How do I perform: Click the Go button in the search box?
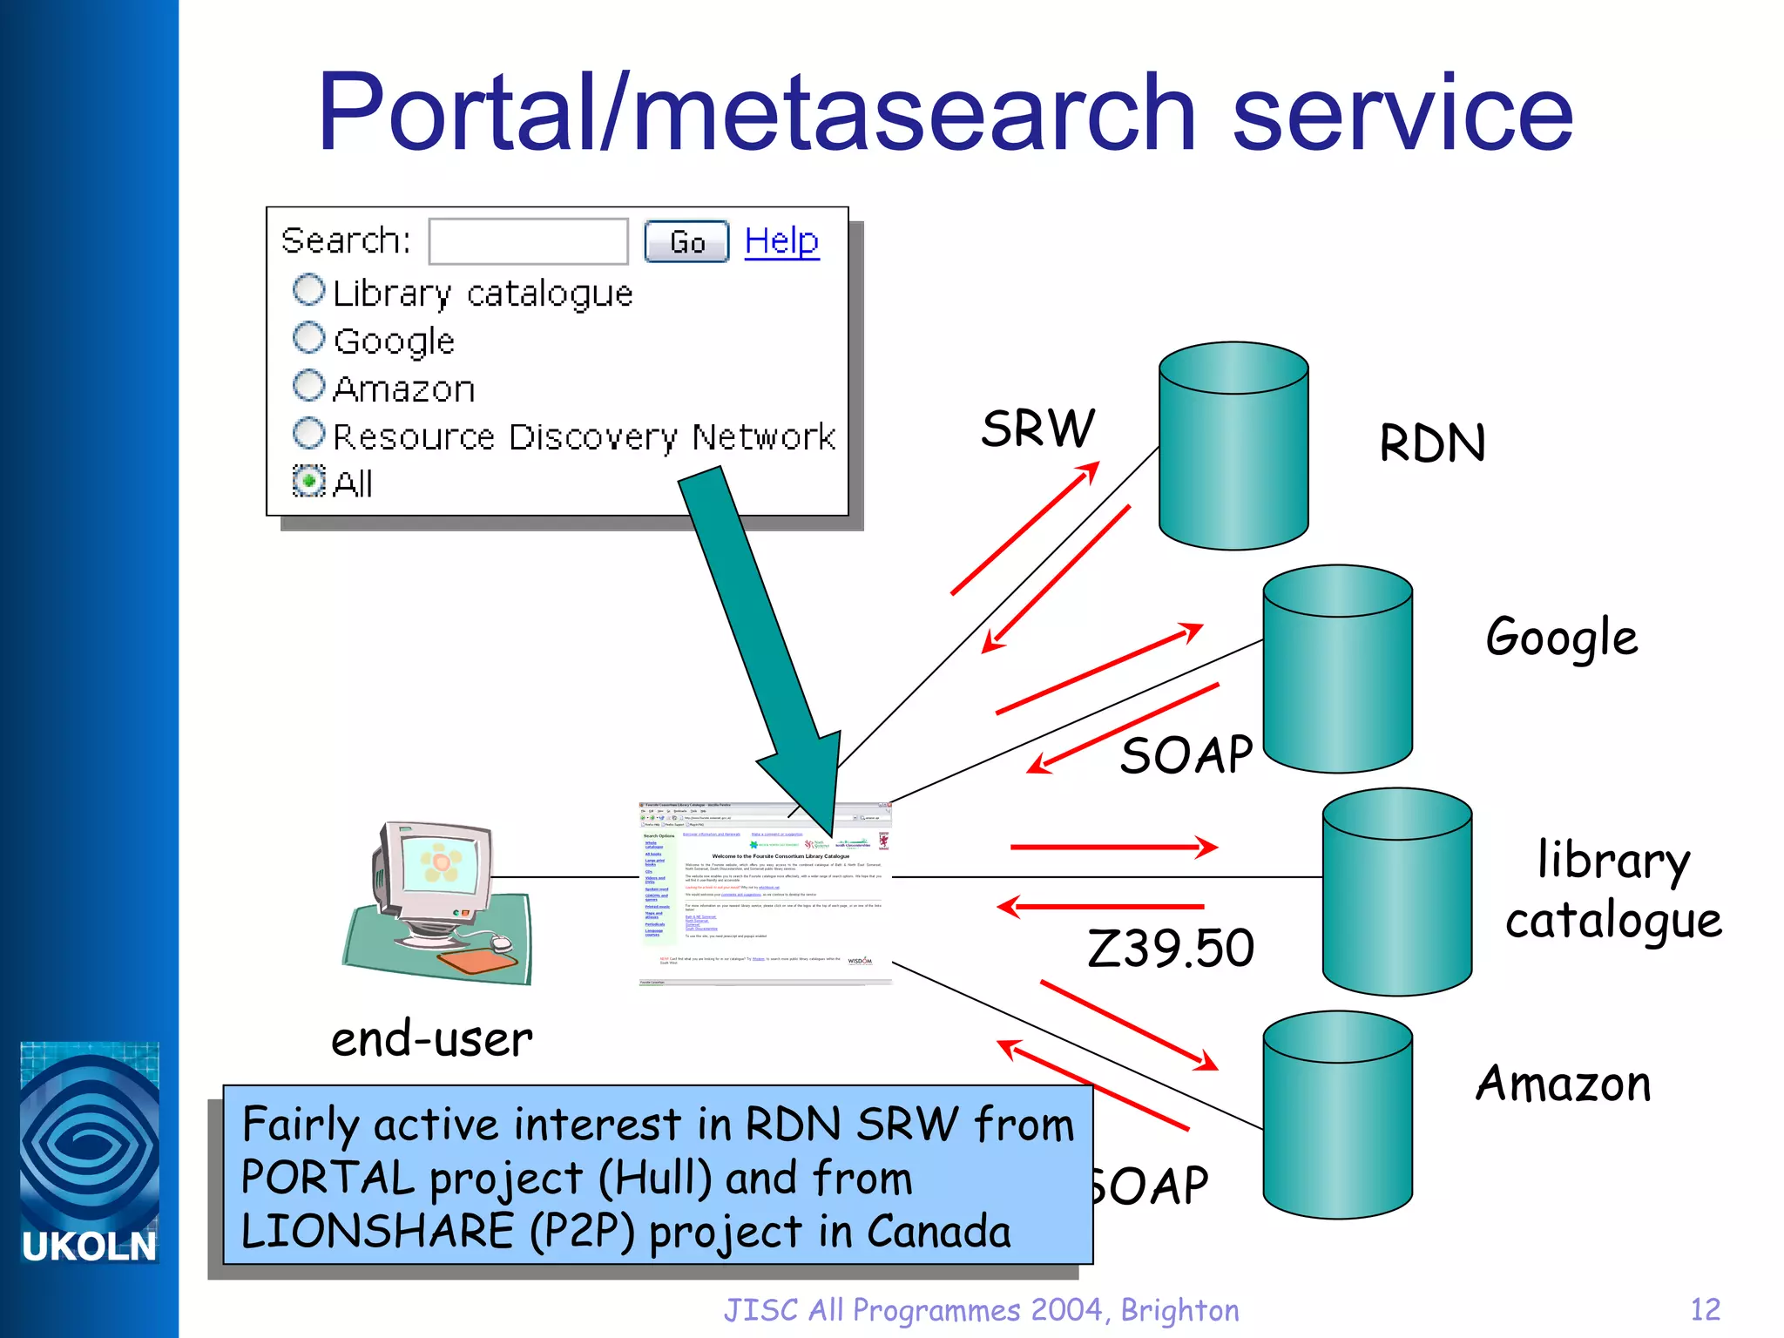click(x=686, y=242)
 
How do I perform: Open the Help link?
click(x=781, y=240)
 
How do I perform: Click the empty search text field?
click(x=528, y=241)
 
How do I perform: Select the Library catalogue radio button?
click(x=308, y=290)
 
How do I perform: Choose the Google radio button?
click(x=308, y=338)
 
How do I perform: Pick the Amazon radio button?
click(x=308, y=385)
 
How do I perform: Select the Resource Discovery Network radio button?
click(x=308, y=433)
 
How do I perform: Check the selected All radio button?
click(x=308, y=480)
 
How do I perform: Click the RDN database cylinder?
click(x=1233, y=446)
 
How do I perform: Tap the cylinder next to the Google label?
click(x=1337, y=669)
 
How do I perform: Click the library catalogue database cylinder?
click(x=1396, y=892)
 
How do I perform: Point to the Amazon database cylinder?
click(x=1337, y=1115)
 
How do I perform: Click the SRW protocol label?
click(x=1037, y=429)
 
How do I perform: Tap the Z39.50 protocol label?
click(x=1170, y=948)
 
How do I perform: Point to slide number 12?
click(x=1705, y=1309)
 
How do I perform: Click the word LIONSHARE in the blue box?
click(x=377, y=1231)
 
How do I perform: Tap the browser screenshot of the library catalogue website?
click(x=765, y=893)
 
